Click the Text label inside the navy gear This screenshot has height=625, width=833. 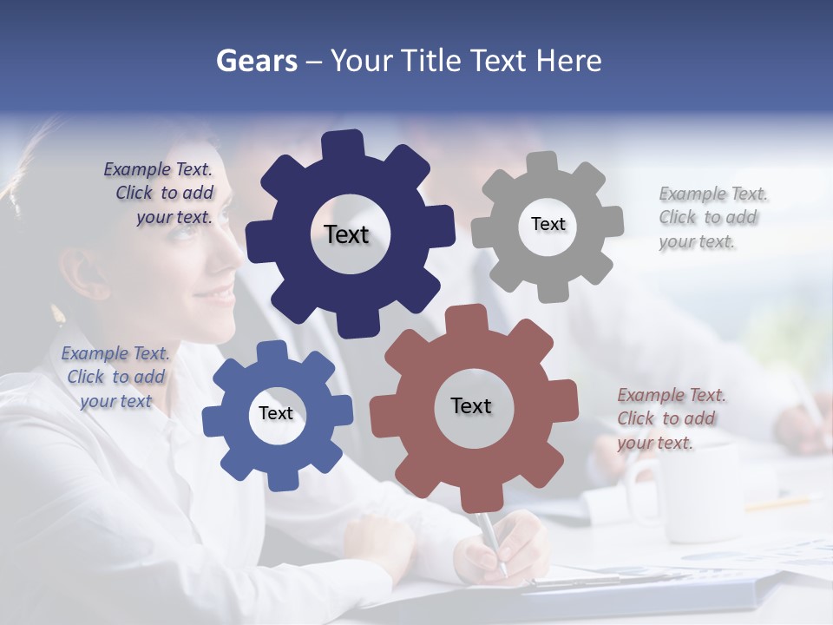(346, 234)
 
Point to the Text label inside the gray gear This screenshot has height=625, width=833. (548, 224)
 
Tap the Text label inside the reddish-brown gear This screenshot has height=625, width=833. (471, 405)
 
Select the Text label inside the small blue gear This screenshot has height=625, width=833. (276, 413)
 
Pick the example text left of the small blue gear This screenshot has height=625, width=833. (115, 377)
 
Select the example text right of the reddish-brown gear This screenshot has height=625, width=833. (668, 418)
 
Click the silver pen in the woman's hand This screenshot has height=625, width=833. (491, 539)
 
